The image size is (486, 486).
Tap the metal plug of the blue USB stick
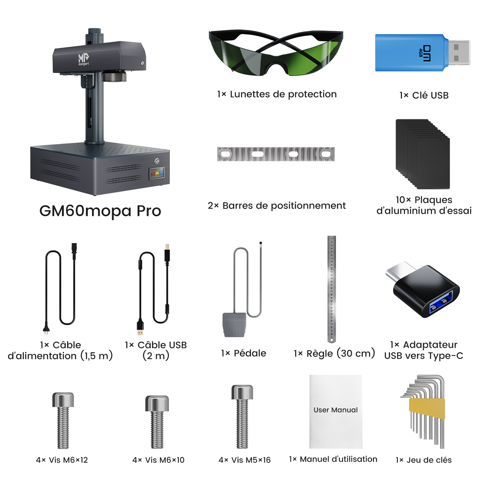pyautogui.click(x=458, y=52)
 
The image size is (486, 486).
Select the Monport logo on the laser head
pyautogui.click(x=83, y=59)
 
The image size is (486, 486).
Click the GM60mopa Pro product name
pyautogui.click(x=100, y=211)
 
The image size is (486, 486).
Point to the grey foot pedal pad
pyautogui.click(x=233, y=325)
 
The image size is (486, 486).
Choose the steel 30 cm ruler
pyautogui.click(x=331, y=288)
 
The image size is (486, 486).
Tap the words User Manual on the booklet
pyautogui.click(x=335, y=410)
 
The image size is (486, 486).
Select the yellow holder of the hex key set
pyautogui.click(x=427, y=408)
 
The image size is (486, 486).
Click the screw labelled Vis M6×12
pyautogui.click(x=63, y=420)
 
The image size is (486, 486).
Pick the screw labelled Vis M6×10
pyautogui.click(x=157, y=422)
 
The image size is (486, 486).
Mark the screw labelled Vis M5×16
pyautogui.click(x=242, y=416)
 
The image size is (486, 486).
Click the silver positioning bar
pyautogui.click(x=275, y=154)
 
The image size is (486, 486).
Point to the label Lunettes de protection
pyautogui.click(x=277, y=94)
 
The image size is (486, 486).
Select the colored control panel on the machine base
pyautogui.click(x=157, y=174)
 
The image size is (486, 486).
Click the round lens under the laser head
pyautogui.click(x=114, y=76)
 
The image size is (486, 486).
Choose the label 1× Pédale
pyautogui.click(x=243, y=353)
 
